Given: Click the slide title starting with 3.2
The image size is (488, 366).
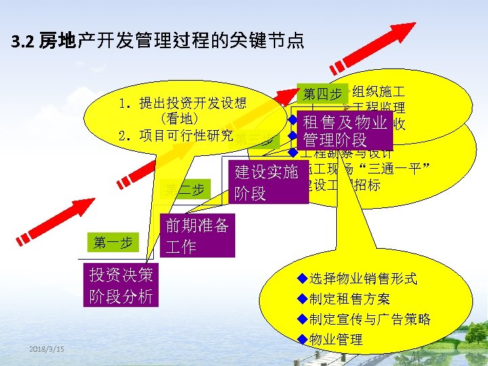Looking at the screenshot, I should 158,43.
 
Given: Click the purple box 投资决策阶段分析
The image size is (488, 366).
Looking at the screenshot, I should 121,286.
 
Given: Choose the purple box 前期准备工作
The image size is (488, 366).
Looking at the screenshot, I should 197,237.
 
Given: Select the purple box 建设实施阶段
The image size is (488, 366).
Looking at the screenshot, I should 266,182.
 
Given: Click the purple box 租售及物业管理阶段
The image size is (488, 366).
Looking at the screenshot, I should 344,131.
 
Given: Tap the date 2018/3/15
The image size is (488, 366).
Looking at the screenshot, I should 47,348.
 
